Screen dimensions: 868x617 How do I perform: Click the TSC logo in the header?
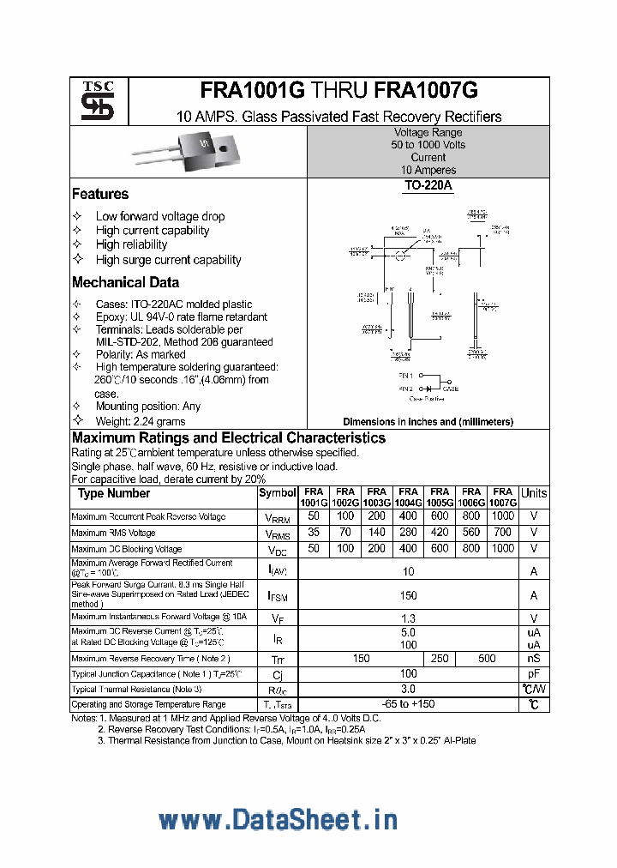tap(98, 101)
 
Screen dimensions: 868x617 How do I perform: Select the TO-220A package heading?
tap(428, 186)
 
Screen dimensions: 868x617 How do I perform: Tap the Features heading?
tap(100, 195)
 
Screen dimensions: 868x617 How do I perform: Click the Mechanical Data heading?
tap(125, 282)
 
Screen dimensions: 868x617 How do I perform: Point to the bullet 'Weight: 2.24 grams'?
tap(141, 421)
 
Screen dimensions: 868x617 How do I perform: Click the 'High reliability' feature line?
tap(131, 244)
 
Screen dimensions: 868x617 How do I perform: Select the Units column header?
tap(534, 493)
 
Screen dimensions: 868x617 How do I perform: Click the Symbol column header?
tap(277, 493)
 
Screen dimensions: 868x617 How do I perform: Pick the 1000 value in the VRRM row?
tap(503, 516)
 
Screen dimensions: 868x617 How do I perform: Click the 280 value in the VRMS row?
tap(408, 533)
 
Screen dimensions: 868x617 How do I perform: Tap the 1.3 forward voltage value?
tap(408, 618)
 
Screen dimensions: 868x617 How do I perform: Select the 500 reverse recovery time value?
tap(487, 659)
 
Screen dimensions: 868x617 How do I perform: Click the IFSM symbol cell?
tap(277, 595)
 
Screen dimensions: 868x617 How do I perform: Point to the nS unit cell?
tap(534, 659)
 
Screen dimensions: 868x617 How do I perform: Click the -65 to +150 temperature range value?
tap(408, 704)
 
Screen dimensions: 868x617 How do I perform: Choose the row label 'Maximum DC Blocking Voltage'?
tap(126, 549)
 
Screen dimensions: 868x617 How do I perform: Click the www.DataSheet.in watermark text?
tap(278, 820)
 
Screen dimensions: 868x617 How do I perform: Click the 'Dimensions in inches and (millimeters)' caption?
tap(428, 422)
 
